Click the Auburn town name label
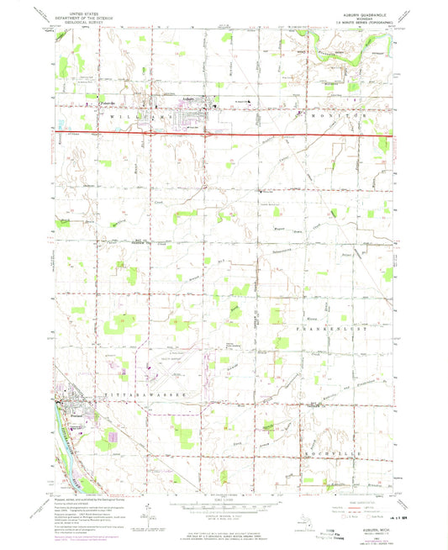coord(190,99)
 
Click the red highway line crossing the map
coord(252,131)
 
